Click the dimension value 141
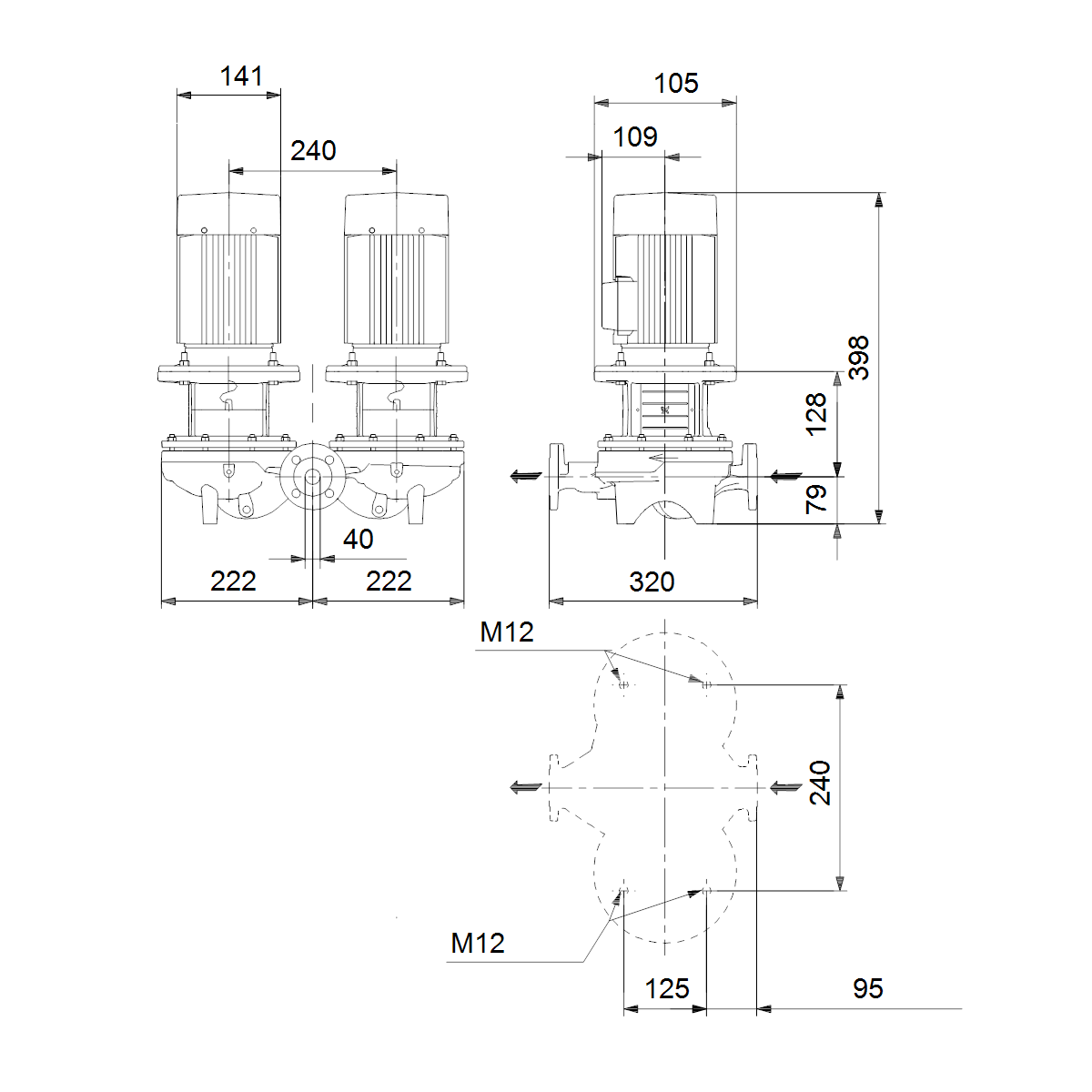point(241,76)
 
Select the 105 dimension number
point(676,84)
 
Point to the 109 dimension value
point(635,137)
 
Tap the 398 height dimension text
point(858,358)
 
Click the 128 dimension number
point(816,415)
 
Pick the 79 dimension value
point(816,499)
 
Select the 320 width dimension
point(652,582)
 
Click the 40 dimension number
point(359,540)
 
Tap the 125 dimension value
point(667,989)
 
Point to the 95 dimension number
point(867,988)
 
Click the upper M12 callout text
point(507,632)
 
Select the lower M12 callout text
point(478,943)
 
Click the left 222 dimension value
point(233,581)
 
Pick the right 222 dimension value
point(389,581)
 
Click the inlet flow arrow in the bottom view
point(786,787)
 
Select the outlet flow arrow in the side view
point(526,476)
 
